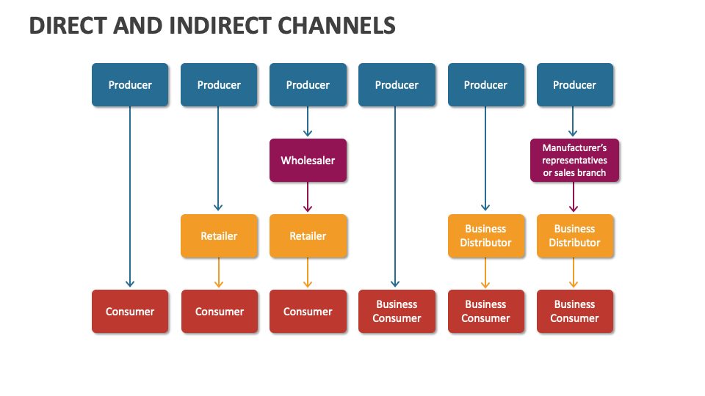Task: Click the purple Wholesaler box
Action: click(x=308, y=161)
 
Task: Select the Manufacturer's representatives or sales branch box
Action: click(x=574, y=161)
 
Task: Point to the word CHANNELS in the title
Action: click(x=339, y=26)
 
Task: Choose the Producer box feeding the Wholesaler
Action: click(x=308, y=85)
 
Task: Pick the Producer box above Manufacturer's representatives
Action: click(x=574, y=85)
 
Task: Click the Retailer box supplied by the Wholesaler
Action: click(x=308, y=236)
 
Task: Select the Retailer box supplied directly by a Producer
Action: click(x=219, y=236)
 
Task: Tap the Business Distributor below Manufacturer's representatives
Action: click(x=574, y=236)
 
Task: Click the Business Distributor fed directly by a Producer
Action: click(x=485, y=236)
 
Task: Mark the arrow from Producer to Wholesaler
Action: click(x=308, y=122)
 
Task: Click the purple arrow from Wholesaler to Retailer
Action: click(x=308, y=198)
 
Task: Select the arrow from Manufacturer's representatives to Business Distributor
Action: click(x=574, y=198)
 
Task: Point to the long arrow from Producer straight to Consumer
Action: click(x=130, y=198)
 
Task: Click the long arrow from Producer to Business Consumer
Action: click(x=396, y=198)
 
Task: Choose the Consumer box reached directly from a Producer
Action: click(x=130, y=312)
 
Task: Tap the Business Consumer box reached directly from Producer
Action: click(x=397, y=312)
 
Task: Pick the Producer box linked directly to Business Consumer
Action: click(x=397, y=85)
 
